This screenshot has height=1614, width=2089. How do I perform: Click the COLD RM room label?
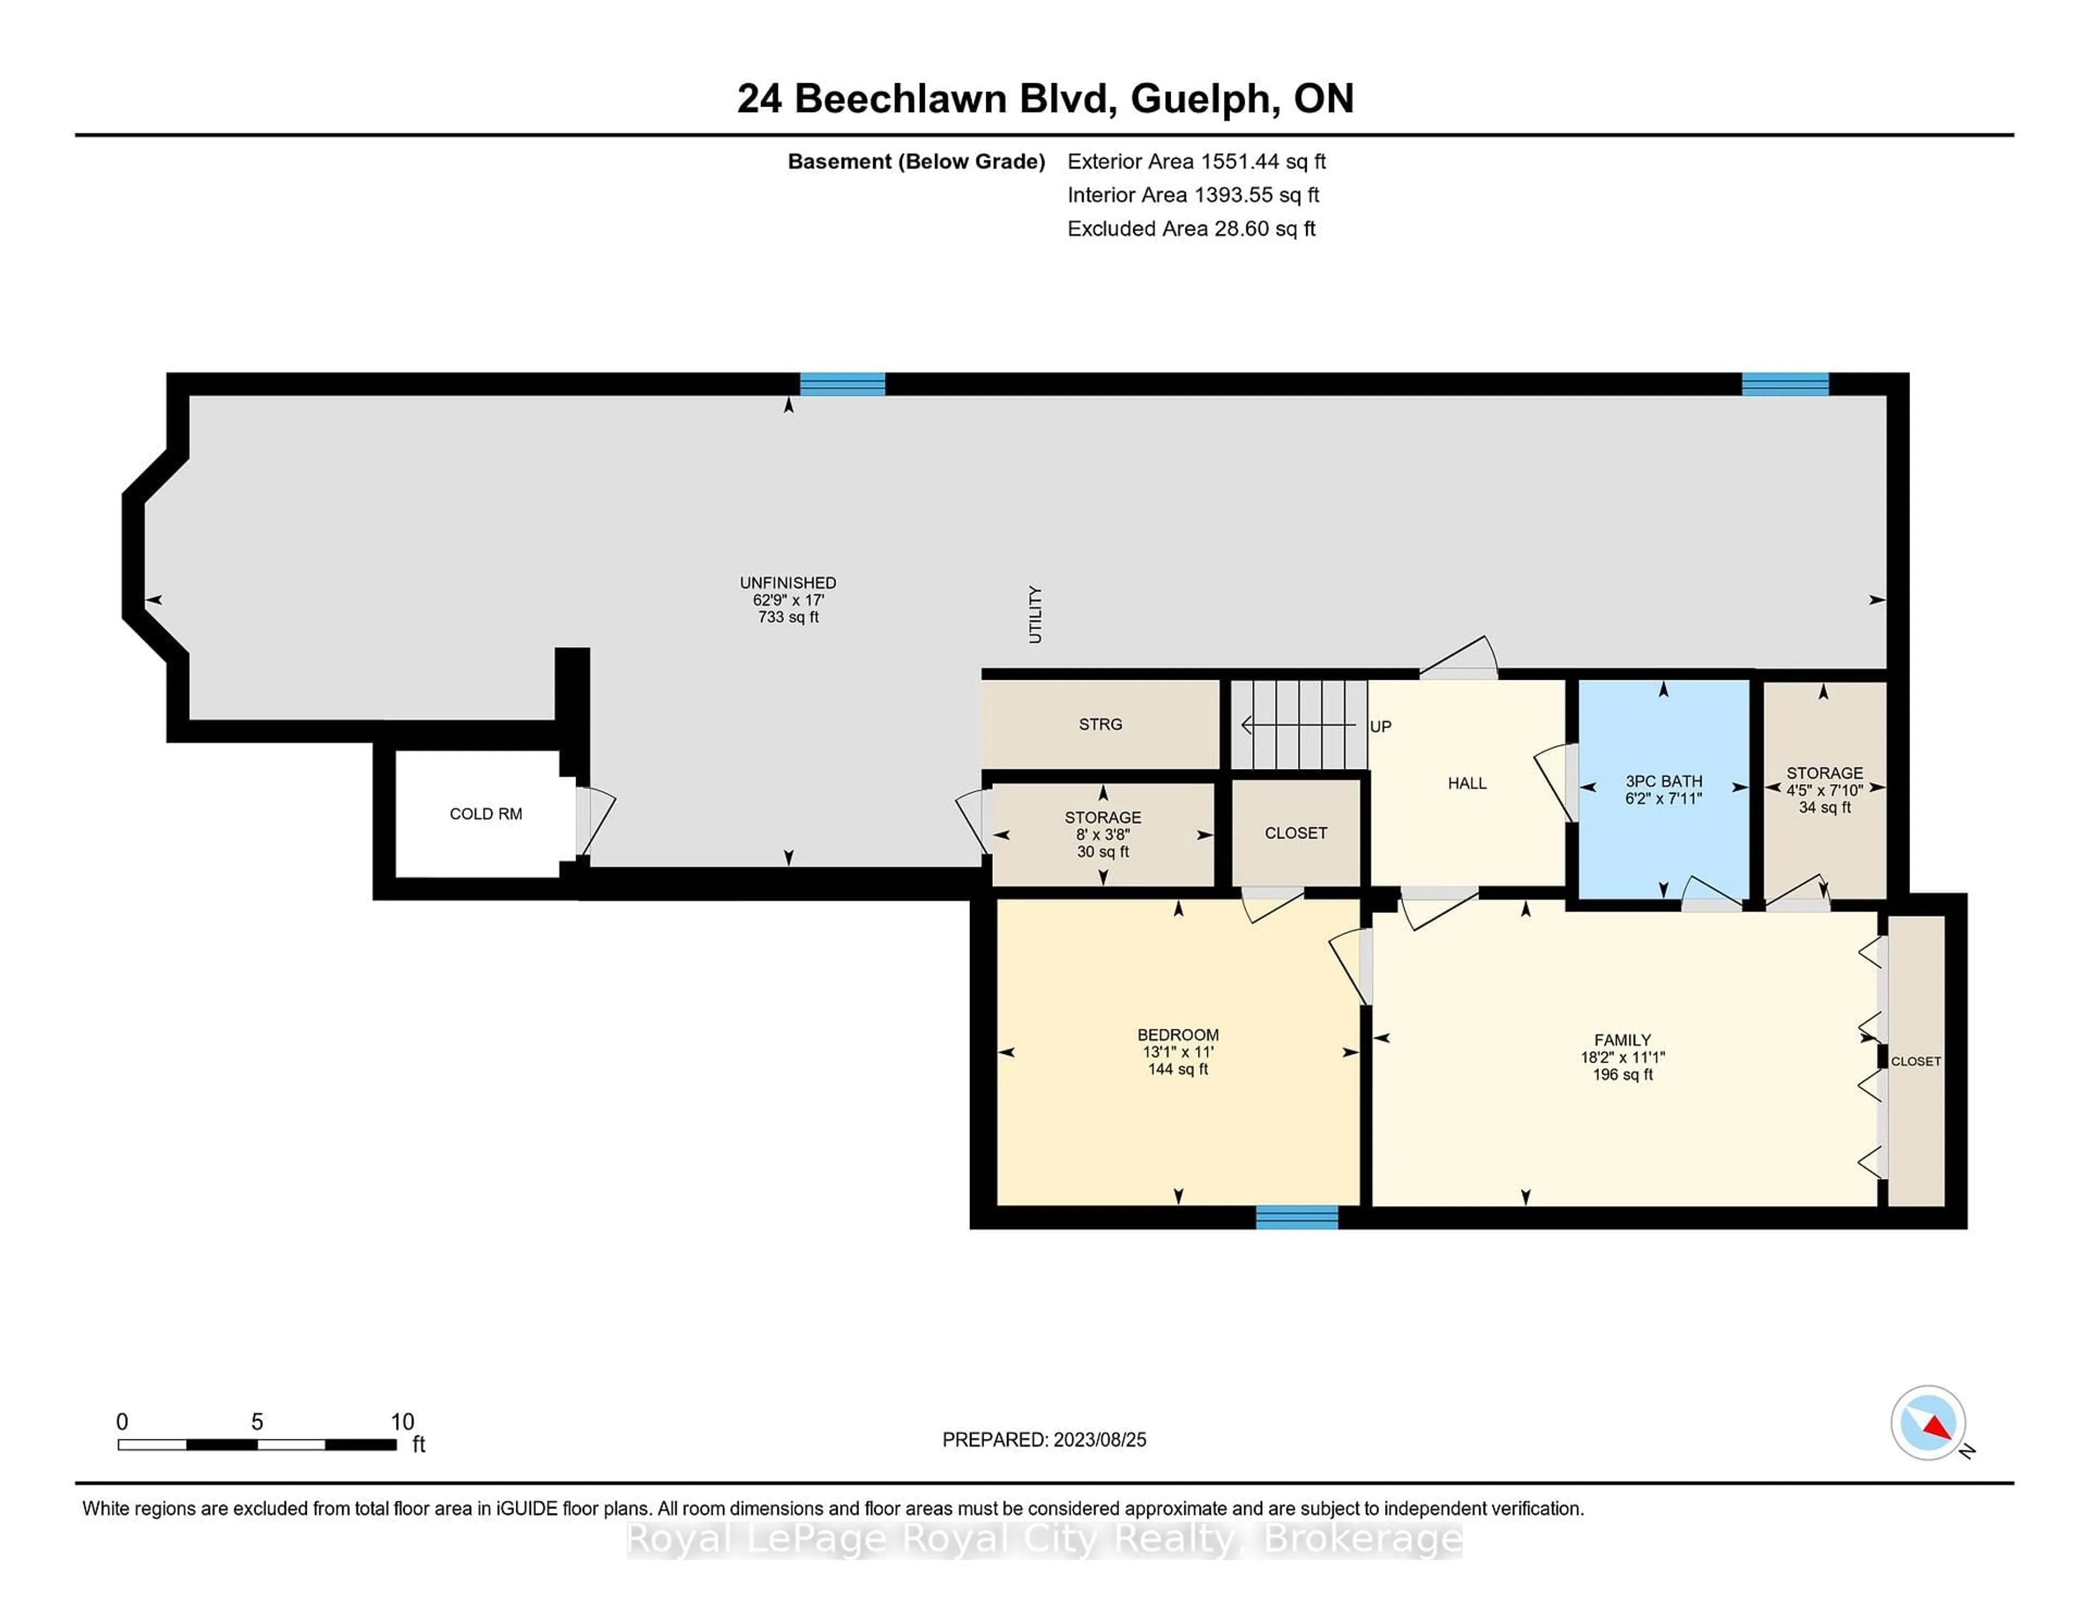click(x=486, y=814)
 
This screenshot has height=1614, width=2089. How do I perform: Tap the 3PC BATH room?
click(x=1664, y=789)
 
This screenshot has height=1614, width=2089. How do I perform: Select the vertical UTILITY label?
click(x=1035, y=615)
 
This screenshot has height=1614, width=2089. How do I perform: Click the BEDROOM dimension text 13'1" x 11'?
click(x=1177, y=1052)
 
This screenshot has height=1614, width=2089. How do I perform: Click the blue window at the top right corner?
click(x=1785, y=384)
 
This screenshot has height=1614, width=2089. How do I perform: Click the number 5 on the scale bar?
click(x=256, y=1422)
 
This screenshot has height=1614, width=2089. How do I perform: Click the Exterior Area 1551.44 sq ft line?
click(x=1197, y=162)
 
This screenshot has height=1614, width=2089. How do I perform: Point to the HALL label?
click(x=1466, y=783)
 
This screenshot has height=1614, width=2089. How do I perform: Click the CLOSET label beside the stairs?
click(x=1295, y=833)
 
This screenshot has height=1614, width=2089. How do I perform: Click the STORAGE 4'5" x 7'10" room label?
click(x=1824, y=773)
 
